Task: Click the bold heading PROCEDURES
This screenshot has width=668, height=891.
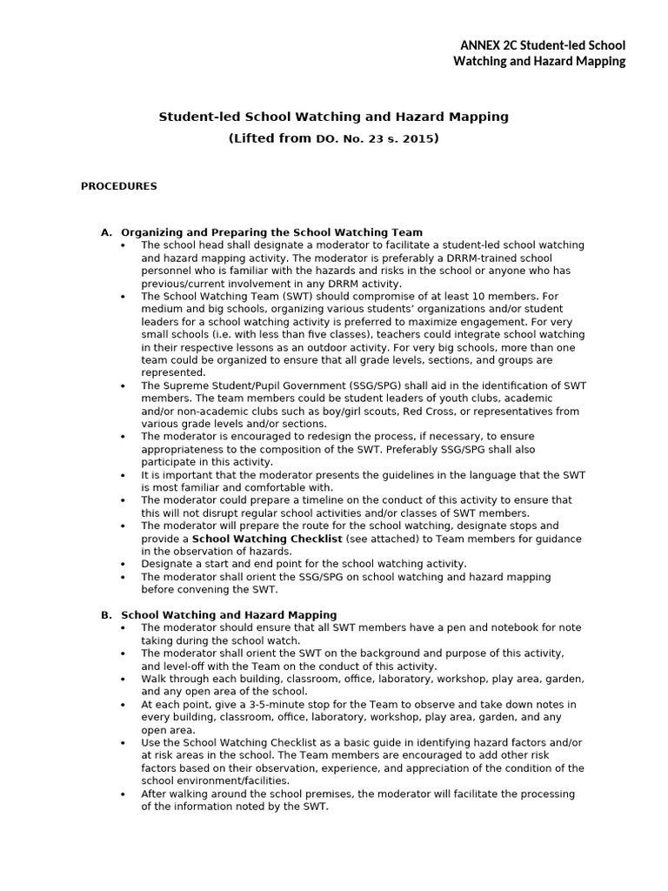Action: click(x=119, y=186)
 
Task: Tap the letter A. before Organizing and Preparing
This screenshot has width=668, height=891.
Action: click(x=107, y=232)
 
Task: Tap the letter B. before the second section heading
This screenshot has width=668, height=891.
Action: click(x=107, y=615)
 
